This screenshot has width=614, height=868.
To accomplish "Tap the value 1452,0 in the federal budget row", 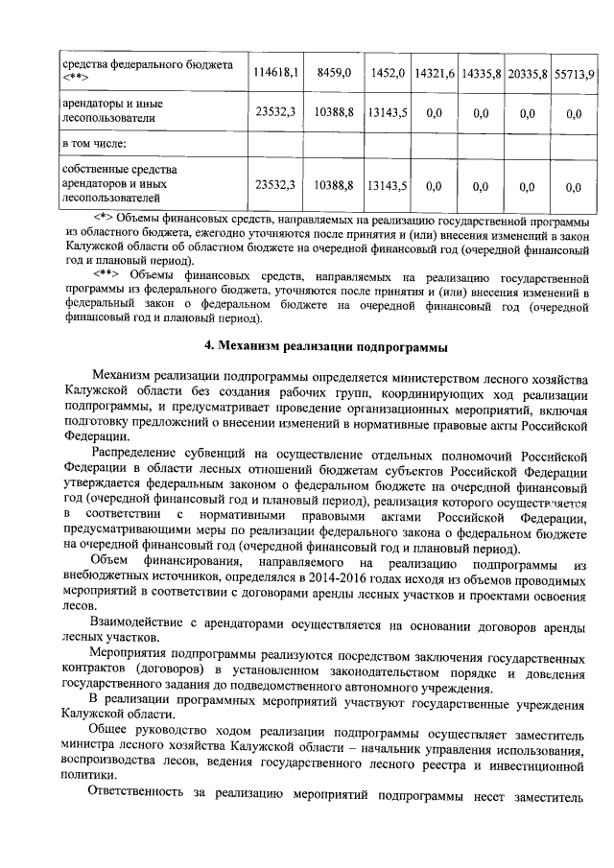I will pyautogui.click(x=388, y=72).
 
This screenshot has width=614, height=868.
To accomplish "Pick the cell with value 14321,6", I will pyautogui.click(x=435, y=72).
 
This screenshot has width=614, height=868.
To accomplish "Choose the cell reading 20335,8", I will pyautogui.click(x=528, y=72).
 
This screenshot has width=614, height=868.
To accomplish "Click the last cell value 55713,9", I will pyautogui.click(x=575, y=72).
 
